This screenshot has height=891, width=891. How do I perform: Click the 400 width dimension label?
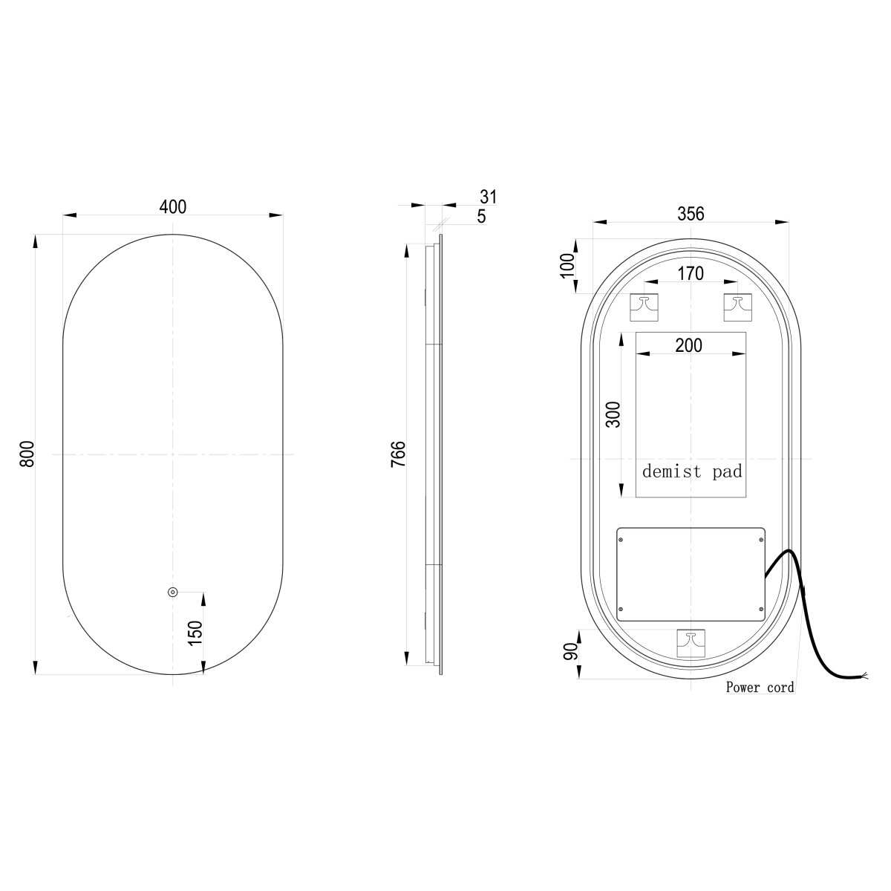(173, 206)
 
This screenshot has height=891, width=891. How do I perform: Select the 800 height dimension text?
(27, 454)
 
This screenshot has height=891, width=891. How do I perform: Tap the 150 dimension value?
(195, 633)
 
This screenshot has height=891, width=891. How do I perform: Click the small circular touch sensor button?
(172, 592)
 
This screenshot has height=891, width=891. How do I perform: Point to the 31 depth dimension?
(489, 197)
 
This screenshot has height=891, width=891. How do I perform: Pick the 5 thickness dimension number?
(482, 216)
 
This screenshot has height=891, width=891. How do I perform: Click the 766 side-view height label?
(399, 454)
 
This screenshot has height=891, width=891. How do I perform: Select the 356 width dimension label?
(691, 214)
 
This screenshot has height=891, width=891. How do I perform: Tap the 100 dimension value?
(567, 266)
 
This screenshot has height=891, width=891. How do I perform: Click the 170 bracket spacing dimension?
(691, 273)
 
